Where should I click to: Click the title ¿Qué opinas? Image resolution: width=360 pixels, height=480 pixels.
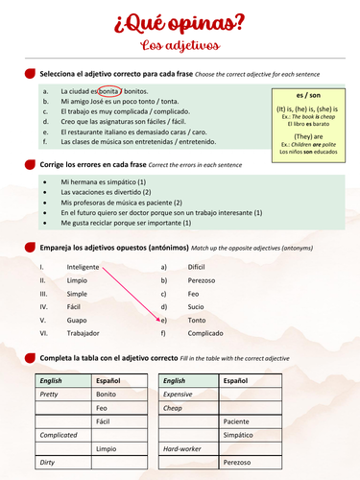coord(180,22)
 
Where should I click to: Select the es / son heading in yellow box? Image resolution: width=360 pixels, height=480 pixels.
coord(308,96)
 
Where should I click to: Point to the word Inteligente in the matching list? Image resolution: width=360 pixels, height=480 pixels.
coord(84,266)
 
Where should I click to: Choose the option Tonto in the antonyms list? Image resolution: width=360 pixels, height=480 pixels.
coord(197,320)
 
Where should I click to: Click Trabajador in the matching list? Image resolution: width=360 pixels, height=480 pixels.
coord(83,333)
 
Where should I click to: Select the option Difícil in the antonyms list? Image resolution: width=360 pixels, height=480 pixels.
coord(197,266)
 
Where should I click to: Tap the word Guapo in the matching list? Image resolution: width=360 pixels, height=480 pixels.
coord(77,320)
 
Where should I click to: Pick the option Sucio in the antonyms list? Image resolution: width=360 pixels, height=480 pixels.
coord(196,306)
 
